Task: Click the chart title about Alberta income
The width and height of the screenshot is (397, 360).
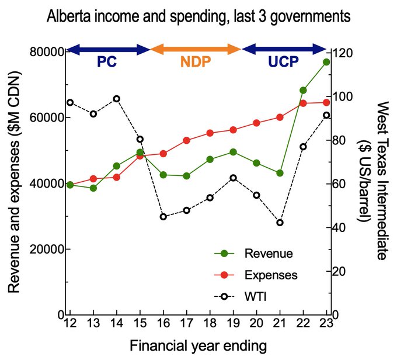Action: (198, 16)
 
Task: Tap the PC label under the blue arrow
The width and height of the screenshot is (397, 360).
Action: (106, 63)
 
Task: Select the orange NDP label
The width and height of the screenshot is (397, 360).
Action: (195, 63)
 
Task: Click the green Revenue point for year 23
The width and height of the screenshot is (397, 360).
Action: (326, 62)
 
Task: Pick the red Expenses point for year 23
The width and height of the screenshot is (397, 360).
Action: (326, 103)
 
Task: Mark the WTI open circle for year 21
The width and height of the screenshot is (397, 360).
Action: (280, 223)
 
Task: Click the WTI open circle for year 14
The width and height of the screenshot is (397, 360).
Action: (117, 98)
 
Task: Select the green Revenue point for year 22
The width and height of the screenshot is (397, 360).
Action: (303, 91)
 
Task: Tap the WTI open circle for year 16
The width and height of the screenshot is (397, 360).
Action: (163, 216)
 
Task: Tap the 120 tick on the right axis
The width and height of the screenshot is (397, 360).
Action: (344, 52)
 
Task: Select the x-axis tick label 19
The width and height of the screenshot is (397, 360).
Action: (233, 324)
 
